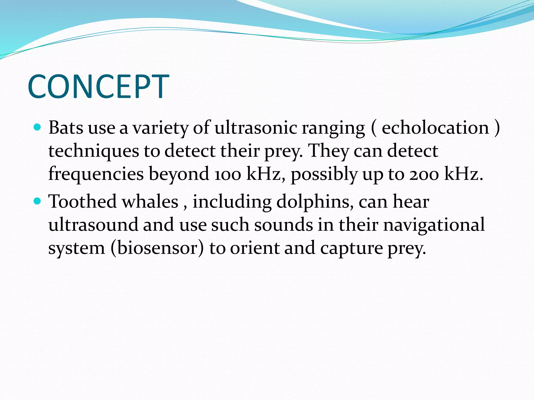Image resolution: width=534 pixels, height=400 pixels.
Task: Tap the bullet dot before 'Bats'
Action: (38, 127)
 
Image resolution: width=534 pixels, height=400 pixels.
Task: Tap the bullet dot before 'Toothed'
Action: (38, 201)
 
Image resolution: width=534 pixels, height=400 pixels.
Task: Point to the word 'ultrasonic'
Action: (256, 128)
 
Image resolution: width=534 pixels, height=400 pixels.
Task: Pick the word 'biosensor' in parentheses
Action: (157, 248)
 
